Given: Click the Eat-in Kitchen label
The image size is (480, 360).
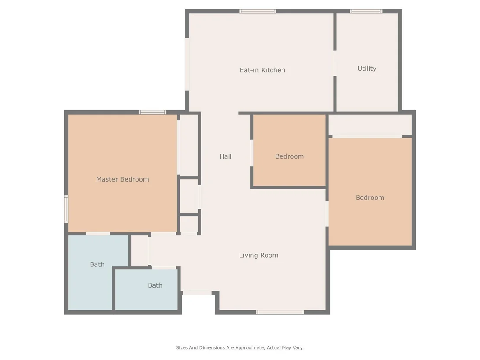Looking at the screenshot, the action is [x=263, y=70].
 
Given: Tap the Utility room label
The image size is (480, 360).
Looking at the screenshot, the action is [x=367, y=68].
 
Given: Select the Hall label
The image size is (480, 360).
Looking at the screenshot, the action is [x=225, y=156].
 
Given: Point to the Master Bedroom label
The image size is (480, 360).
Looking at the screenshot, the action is [x=123, y=179].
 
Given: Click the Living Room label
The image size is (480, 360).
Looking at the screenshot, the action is [x=259, y=255].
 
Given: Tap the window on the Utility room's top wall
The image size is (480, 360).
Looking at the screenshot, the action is [x=366, y=11].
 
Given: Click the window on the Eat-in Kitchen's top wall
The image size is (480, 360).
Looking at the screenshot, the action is [x=257, y=11].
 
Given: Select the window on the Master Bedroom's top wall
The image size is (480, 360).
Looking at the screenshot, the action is [x=152, y=112].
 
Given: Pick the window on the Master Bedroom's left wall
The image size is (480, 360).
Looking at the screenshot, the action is [x=66, y=209].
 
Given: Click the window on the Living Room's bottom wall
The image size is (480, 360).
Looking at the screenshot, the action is [x=280, y=312].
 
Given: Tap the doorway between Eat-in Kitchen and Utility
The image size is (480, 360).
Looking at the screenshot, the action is [x=334, y=63].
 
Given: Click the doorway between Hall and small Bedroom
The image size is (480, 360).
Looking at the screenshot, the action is [x=252, y=153].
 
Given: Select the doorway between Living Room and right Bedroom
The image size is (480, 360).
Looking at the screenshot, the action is [x=327, y=214].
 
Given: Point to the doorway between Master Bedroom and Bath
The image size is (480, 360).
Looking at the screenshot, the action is [x=97, y=234].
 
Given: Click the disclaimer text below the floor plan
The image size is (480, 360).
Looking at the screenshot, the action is [x=240, y=347].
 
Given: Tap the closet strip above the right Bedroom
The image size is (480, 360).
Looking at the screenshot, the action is [x=370, y=125].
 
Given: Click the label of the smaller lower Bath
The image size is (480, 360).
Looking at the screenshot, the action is [x=155, y=285].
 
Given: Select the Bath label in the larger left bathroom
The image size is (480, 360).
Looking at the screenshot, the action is [x=97, y=265].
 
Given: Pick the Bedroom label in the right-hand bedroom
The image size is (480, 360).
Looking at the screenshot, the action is [x=370, y=198].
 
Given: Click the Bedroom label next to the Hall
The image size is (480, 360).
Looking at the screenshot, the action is [x=289, y=156].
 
